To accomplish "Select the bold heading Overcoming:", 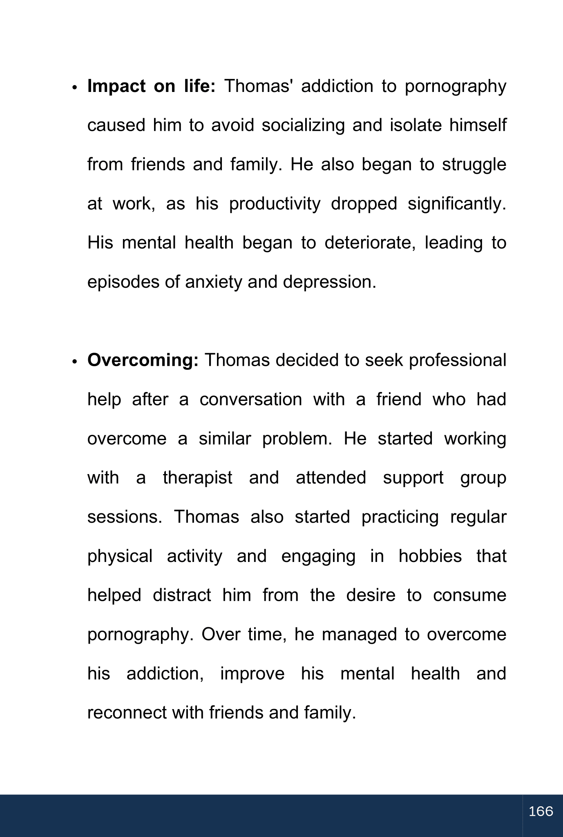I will pyautogui.click(x=143, y=360).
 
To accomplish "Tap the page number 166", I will pyautogui.click(x=541, y=811).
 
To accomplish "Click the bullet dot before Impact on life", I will pyautogui.click(x=74, y=88).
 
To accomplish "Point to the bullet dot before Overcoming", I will pyautogui.click(x=74, y=362).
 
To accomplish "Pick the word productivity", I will pyautogui.click(x=275, y=204).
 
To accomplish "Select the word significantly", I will pyautogui.click(x=457, y=204).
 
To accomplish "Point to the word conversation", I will pyautogui.click(x=251, y=399).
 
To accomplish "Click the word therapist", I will pyautogui.click(x=198, y=478).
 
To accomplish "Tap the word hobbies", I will pyautogui.click(x=430, y=556).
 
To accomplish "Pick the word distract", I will pyautogui.click(x=182, y=595).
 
